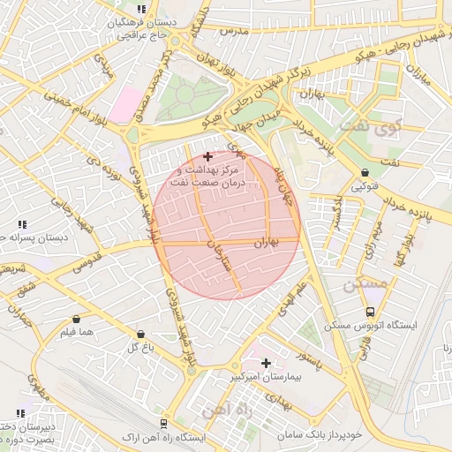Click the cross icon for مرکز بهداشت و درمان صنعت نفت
tap(207, 156)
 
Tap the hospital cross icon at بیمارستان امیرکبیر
tap(266, 363)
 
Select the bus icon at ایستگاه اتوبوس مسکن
tap(369, 312)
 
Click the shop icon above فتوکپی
tap(365, 173)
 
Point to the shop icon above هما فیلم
tap(76, 319)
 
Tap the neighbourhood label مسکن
tap(364, 284)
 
